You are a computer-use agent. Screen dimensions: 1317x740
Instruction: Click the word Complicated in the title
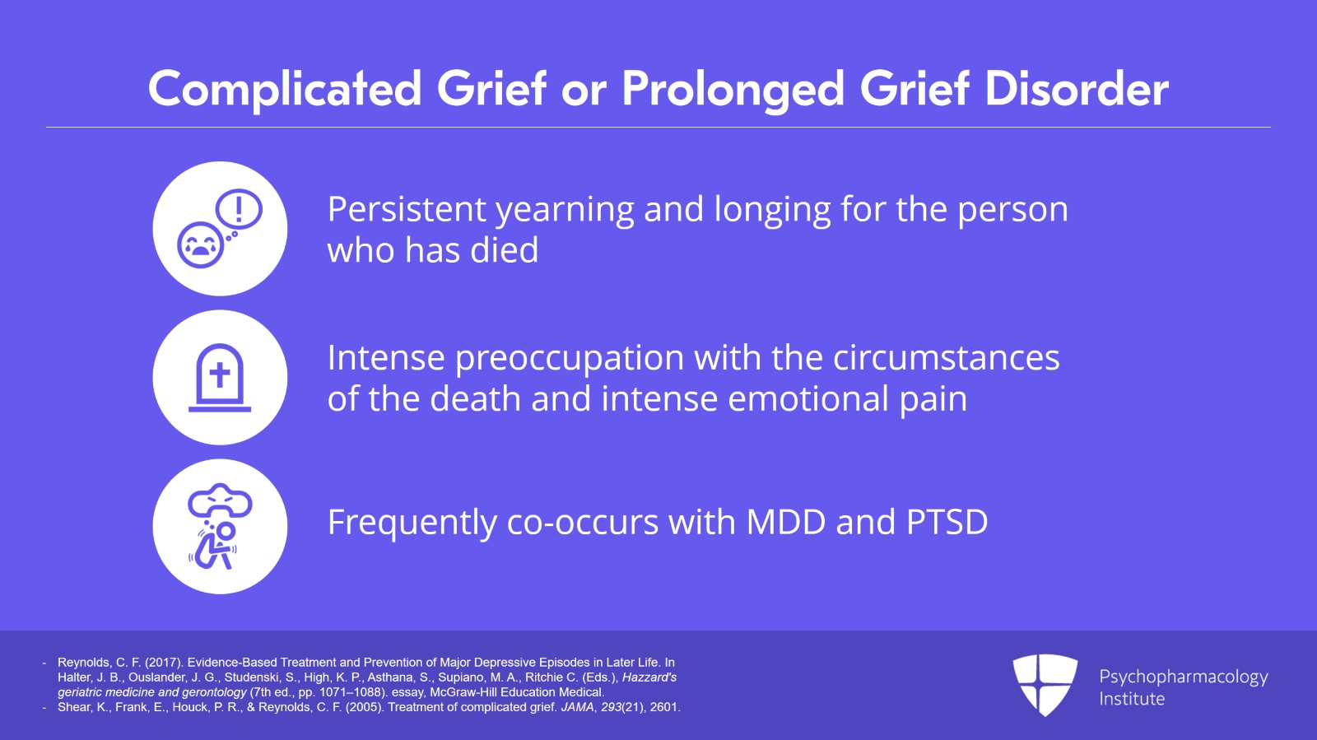pyautogui.click(x=285, y=90)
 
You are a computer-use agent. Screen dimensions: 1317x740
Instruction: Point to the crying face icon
pyautogui.click(x=201, y=245)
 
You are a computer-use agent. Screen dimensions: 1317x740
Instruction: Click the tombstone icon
pyautogui.click(x=219, y=377)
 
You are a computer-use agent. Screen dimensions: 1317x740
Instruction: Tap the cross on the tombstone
pyautogui.click(x=219, y=375)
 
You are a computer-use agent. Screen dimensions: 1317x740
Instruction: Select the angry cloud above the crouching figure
pyautogui.click(x=220, y=500)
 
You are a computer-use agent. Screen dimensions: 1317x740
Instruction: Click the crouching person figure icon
pyautogui.click(x=214, y=546)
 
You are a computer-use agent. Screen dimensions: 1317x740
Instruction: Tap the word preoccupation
pyautogui.click(x=569, y=359)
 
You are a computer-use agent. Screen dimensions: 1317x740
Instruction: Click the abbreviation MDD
pyautogui.click(x=786, y=522)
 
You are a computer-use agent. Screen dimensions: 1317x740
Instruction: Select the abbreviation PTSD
pyautogui.click(x=947, y=522)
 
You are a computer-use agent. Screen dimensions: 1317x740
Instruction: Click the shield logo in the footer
pyautogui.click(x=1045, y=685)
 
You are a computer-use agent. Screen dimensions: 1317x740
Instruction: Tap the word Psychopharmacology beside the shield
pyautogui.click(x=1184, y=677)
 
